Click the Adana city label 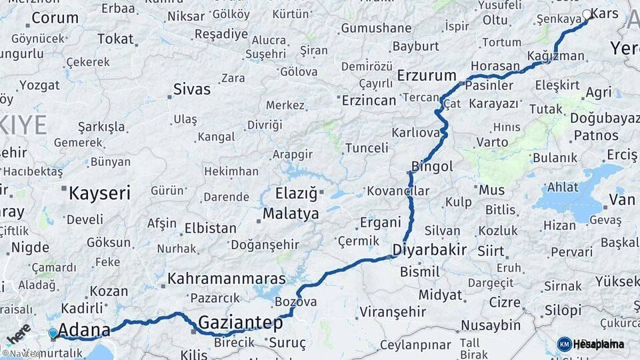83,330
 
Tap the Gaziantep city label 241,323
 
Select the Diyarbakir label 429,250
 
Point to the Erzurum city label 427,75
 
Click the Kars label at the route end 605,14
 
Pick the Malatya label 291,214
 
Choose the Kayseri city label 100,193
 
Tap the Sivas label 191,89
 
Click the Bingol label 433,166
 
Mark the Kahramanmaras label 227,279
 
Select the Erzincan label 369,101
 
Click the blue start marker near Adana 53,333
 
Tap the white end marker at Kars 587,14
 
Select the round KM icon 564,344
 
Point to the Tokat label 115,39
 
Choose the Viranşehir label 392,311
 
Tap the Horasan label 495,67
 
